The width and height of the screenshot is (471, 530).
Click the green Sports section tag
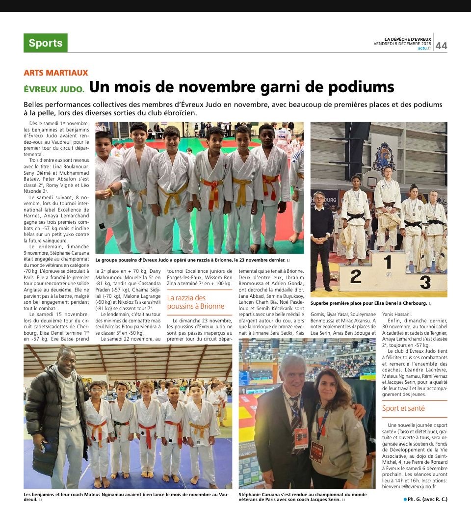pyautogui.click(x=46, y=43)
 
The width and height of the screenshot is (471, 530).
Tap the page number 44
pyautogui.click(x=441, y=46)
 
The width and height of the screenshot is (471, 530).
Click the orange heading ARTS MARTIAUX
pyautogui.click(x=55, y=73)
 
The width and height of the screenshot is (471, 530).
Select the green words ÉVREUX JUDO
pyautogui.click(x=54, y=89)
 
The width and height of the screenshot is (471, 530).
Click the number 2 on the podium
pyautogui.click(x=355, y=277)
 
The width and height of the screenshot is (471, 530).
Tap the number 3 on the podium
pyautogui.click(x=425, y=282)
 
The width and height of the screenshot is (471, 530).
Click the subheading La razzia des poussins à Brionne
pyautogui.click(x=196, y=302)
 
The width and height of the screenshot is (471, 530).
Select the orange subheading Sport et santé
pyautogui.click(x=403, y=408)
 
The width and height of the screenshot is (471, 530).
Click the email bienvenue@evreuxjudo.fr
pyautogui.click(x=409, y=487)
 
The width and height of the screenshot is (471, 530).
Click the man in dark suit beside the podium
pyautogui.click(x=321, y=231)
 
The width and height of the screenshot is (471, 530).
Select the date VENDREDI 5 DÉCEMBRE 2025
pyautogui.click(x=402, y=43)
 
